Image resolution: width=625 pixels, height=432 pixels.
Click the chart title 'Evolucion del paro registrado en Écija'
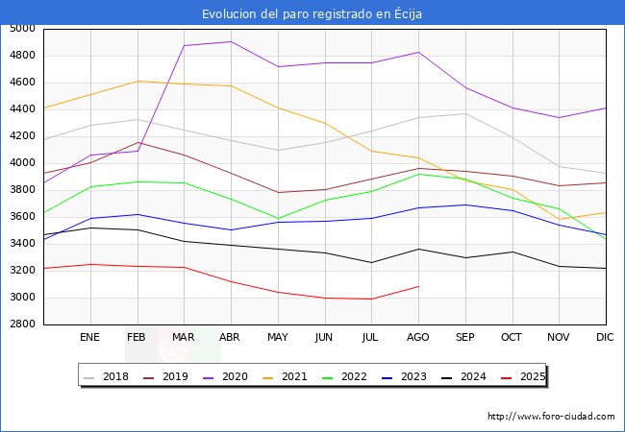312,13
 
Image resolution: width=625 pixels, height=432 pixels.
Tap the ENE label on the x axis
89,338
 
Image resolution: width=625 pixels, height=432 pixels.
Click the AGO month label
418,338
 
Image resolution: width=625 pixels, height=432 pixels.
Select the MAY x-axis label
277,338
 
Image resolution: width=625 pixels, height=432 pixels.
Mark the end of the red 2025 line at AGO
418,286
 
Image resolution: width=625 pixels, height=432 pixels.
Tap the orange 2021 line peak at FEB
137,81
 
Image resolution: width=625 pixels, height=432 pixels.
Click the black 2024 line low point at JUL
371,262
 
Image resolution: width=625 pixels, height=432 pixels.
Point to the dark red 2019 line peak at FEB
137,142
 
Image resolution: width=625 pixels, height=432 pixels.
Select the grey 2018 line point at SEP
465,114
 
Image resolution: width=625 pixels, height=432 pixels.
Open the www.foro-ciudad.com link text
551,417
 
